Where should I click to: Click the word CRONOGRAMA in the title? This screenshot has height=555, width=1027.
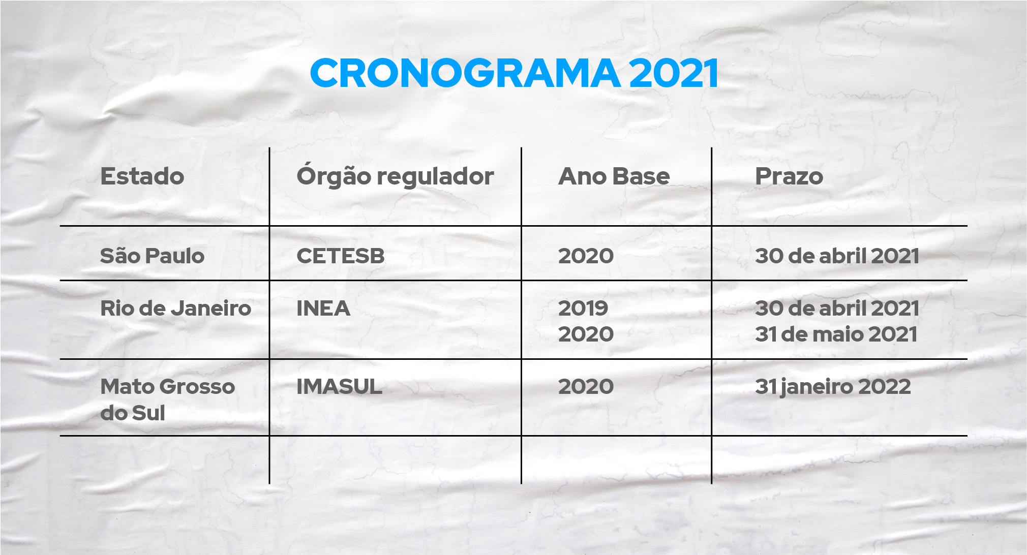[x=465, y=73]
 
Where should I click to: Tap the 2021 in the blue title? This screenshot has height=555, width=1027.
[x=674, y=73]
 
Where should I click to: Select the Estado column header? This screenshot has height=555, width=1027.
[x=142, y=176]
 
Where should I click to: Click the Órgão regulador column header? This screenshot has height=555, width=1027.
[x=395, y=176]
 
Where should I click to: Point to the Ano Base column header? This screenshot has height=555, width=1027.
[x=614, y=176]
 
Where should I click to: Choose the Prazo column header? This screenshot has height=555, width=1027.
[x=789, y=176]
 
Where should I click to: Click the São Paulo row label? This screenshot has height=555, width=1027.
[x=152, y=255]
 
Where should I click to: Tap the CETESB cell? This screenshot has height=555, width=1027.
[x=341, y=256]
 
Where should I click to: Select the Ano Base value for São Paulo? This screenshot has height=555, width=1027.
[x=586, y=256]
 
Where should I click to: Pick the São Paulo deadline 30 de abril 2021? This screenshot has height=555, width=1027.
[x=837, y=256]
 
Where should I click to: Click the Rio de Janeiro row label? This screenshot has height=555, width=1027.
[x=176, y=309]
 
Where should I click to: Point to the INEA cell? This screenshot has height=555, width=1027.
[x=323, y=309]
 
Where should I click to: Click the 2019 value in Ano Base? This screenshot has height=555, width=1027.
[x=583, y=309]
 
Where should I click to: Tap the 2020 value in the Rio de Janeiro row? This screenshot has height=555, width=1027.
[x=586, y=334]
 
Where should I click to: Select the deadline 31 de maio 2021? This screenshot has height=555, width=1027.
[x=836, y=334]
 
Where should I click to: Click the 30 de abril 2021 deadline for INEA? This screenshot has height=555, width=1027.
[x=837, y=308]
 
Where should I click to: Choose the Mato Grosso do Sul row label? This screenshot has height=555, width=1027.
[x=168, y=399]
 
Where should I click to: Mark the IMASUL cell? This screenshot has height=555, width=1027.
[x=340, y=387]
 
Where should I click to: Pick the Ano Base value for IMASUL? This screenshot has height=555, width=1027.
[x=586, y=387]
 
